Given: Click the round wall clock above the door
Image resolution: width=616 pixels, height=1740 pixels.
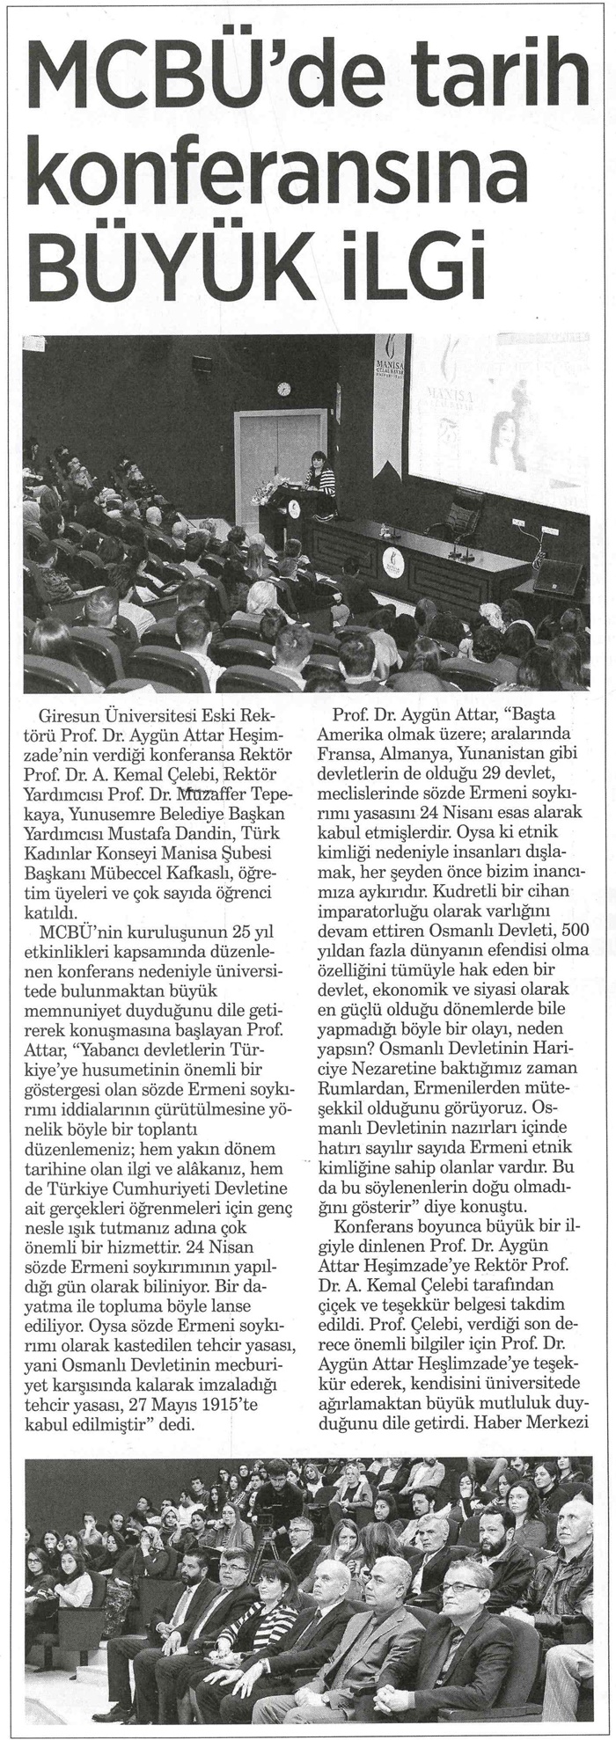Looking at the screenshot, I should coord(283,388).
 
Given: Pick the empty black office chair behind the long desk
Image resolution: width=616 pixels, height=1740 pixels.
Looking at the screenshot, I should coord(461,510).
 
